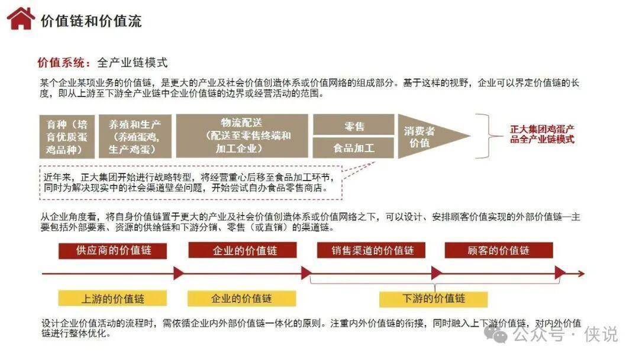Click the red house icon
[20, 19]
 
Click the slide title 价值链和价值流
[91, 21]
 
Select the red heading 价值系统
[62, 63]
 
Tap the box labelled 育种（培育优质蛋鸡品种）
[67, 137]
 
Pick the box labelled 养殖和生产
[135, 137]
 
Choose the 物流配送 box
[241, 136]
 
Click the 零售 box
[353, 125]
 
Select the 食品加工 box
[353, 147]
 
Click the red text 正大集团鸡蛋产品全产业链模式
[542, 134]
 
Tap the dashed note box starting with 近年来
[191, 182]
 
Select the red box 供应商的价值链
[113, 250]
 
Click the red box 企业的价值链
[243, 250]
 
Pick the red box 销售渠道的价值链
[371, 250]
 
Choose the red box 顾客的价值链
[499, 250]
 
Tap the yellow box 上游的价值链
[112, 298]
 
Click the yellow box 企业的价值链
[241, 298]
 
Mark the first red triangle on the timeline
[179, 273]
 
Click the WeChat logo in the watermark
[496, 335]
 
